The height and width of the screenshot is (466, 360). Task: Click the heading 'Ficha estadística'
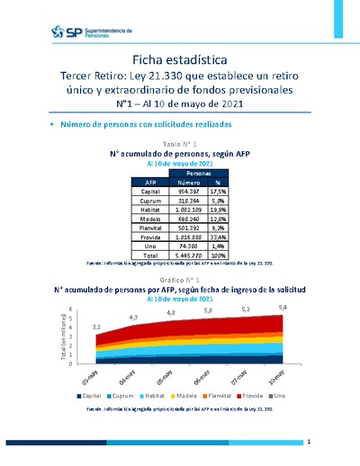[180, 58]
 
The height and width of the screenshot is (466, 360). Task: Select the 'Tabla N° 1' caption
[180, 144]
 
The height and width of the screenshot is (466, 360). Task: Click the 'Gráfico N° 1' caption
[180, 281]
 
